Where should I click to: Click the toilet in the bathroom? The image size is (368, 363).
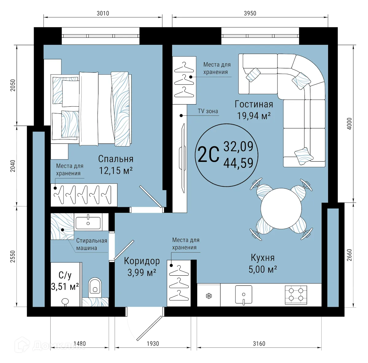point(94,286)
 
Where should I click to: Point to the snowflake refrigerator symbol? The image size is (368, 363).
point(209,296)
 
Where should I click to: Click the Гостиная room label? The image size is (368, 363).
point(254,104)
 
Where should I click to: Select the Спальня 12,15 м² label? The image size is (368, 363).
point(116,164)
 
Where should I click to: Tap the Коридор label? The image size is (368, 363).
point(142,261)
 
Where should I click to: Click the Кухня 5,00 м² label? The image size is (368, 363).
point(263,263)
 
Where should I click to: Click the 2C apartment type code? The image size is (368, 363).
point(209,154)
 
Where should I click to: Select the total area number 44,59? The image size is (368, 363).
point(238,163)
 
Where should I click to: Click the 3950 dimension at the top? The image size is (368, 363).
point(250,13)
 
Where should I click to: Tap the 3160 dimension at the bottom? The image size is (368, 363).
point(259,344)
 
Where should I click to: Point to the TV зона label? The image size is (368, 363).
point(208,111)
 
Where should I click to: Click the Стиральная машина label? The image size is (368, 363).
point(91,244)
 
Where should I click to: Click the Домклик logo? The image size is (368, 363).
point(49,346)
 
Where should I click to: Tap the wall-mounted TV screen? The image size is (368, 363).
point(183,158)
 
